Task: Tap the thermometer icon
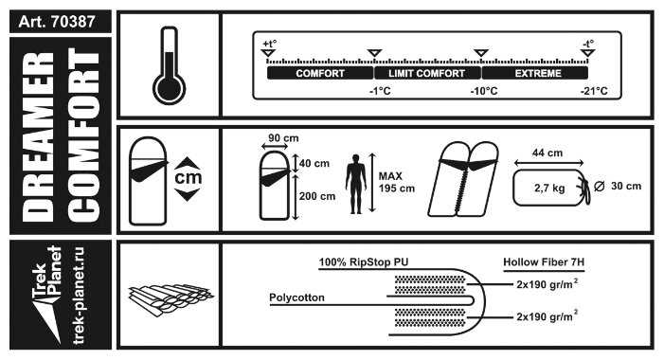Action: [x=169, y=65]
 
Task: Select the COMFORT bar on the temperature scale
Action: [x=320, y=73]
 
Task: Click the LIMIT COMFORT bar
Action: [x=427, y=73]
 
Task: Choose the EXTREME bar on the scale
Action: [x=535, y=73]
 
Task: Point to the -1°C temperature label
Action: [x=380, y=91]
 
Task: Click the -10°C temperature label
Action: [x=484, y=91]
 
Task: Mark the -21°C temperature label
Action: [x=594, y=91]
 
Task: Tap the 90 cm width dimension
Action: [x=283, y=138]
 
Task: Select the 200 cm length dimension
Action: [x=317, y=196]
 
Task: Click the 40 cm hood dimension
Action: [x=314, y=164]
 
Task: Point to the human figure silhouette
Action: [x=356, y=184]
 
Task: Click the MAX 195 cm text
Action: [x=397, y=182]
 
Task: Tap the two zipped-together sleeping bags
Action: [x=463, y=179]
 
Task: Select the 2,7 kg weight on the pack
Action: [x=549, y=188]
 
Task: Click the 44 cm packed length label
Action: [x=547, y=153]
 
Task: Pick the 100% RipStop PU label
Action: [x=364, y=262]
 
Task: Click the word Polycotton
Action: [x=296, y=297]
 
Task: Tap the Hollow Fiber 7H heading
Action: [x=544, y=262]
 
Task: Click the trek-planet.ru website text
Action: [x=79, y=296]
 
